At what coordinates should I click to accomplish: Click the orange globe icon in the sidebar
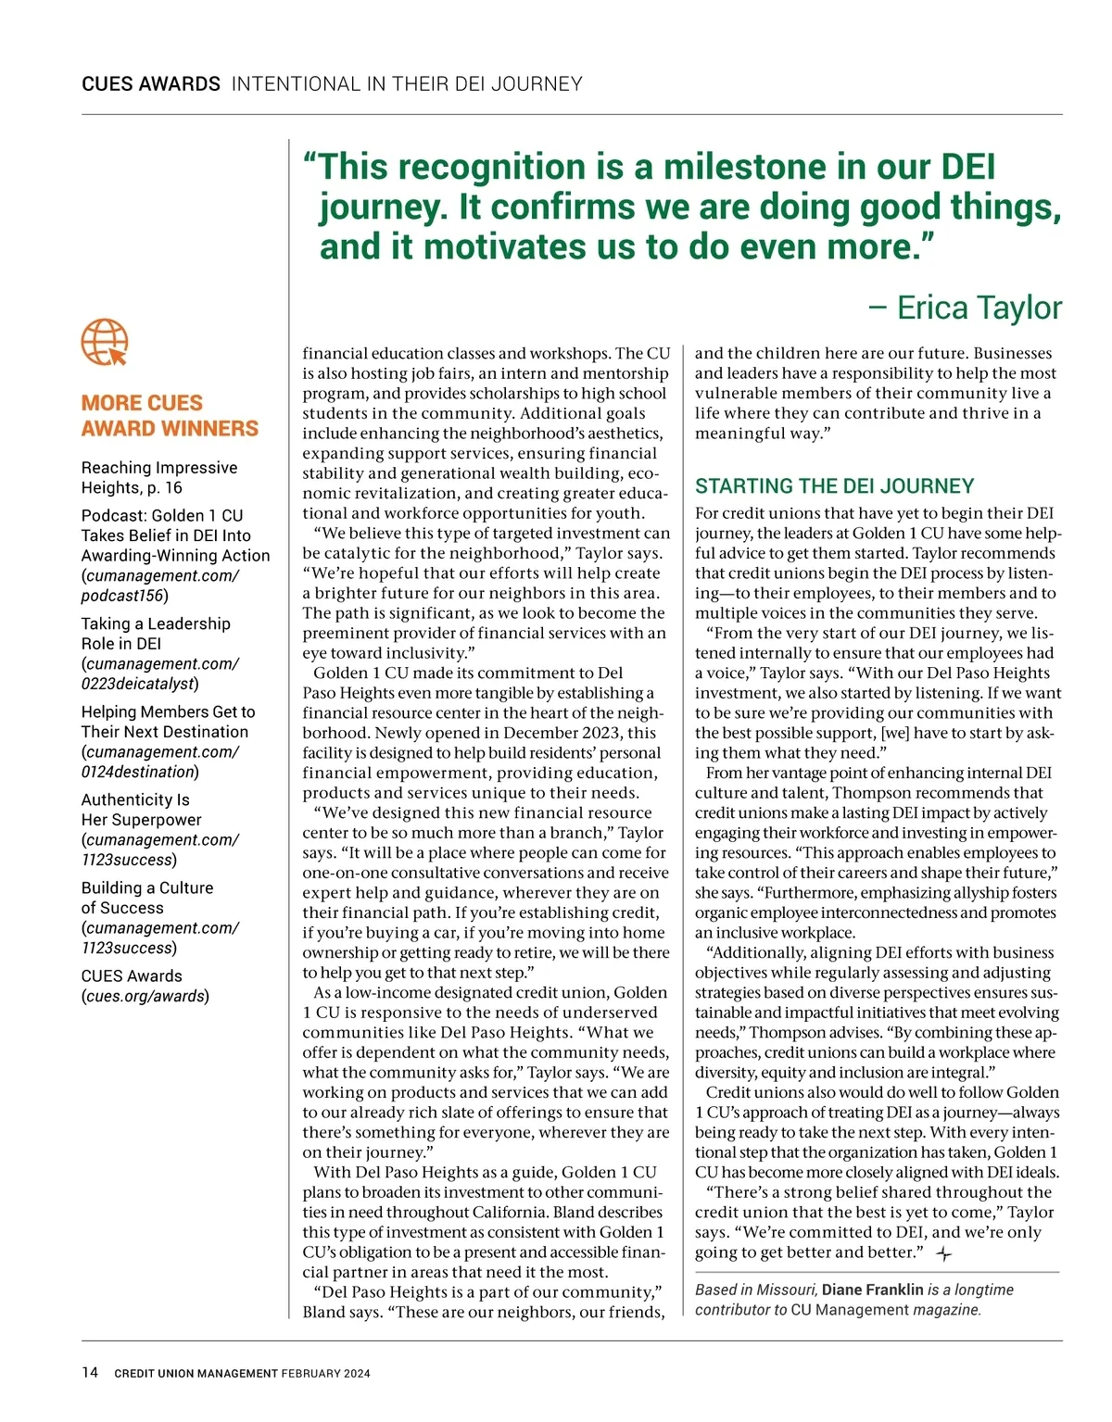point(105,343)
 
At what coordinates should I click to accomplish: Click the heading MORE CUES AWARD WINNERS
point(170,416)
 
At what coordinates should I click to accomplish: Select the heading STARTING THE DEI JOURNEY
point(834,486)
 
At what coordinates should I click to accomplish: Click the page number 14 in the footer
point(90,1372)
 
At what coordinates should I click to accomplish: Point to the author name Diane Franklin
point(872,1290)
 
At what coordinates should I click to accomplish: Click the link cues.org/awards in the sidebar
point(145,996)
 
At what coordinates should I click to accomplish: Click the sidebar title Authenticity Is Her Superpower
point(140,810)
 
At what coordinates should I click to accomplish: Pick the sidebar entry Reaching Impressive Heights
point(158,477)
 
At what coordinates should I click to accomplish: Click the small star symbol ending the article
point(943,1254)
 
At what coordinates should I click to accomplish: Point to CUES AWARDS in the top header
point(151,84)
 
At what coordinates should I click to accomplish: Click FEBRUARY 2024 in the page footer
point(326,1374)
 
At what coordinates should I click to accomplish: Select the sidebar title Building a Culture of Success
point(146,898)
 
